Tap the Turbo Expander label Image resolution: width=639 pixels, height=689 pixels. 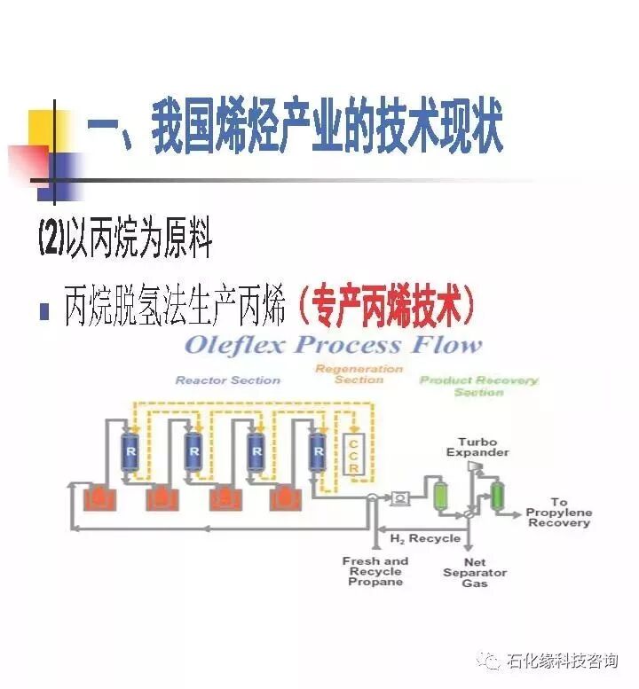click(484, 447)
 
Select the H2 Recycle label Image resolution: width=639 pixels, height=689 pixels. click(425, 537)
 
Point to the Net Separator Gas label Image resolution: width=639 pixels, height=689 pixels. click(475, 573)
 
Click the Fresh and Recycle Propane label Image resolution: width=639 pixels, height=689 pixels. click(375, 571)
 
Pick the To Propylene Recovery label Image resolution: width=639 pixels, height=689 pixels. click(558, 513)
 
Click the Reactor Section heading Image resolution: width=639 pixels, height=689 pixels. click(227, 380)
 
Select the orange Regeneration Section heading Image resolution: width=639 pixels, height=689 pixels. click(359, 374)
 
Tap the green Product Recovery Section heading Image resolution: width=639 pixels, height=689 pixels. click(478, 386)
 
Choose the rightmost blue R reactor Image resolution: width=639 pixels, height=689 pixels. click(317, 452)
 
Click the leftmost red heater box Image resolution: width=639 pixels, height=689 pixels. click(98, 500)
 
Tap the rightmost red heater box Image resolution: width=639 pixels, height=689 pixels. click(287, 500)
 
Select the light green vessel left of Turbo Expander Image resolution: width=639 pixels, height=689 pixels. click(439, 495)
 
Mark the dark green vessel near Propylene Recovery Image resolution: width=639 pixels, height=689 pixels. click(497, 493)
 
